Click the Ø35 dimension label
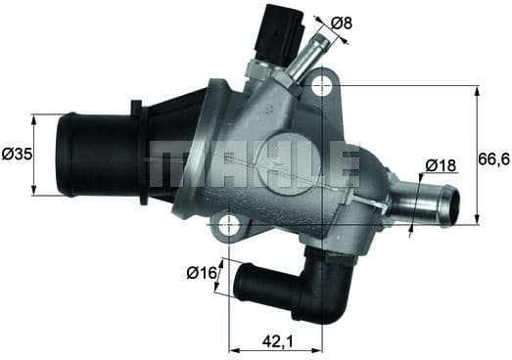point(16,155)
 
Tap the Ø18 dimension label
point(442,165)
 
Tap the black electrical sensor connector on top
point(278,35)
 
